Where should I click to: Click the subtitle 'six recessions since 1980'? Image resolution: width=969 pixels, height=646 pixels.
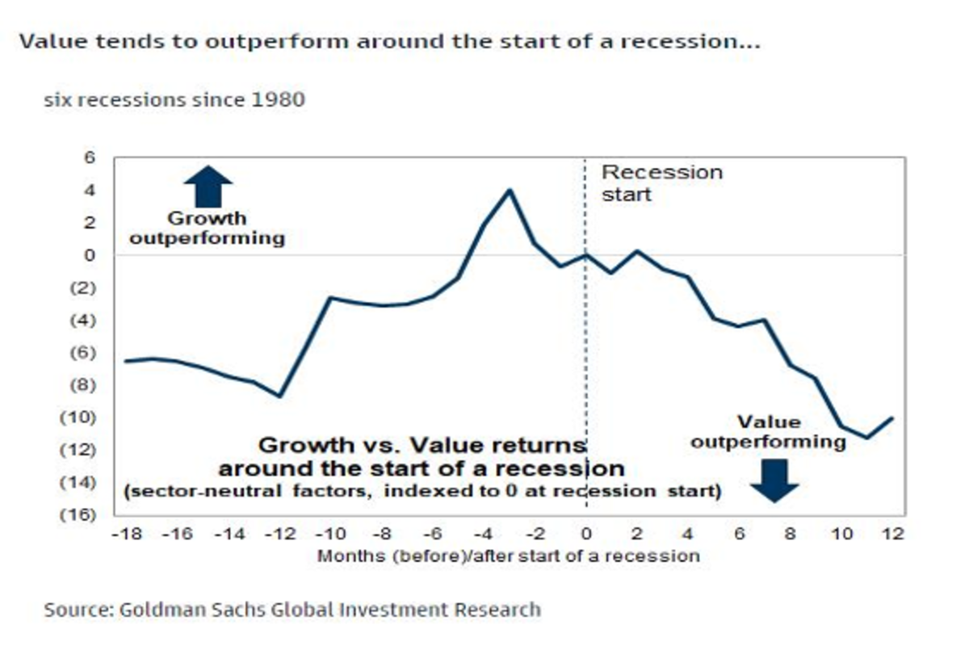coord(174,101)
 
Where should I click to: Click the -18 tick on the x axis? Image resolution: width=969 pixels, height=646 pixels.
coord(124,534)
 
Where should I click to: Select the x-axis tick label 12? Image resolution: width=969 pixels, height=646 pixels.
coord(892,534)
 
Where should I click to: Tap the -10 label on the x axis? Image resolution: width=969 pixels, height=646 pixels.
coord(329,534)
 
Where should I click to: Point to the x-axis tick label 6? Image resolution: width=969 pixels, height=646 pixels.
coord(739,534)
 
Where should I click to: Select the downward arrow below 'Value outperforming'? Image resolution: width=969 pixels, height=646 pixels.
coord(774,480)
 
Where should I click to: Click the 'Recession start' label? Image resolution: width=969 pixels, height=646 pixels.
coord(661,182)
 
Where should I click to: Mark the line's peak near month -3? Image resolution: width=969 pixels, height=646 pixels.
coord(510,190)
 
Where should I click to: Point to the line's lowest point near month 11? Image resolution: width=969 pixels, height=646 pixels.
coord(866,438)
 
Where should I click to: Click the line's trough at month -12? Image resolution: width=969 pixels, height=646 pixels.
coord(279,396)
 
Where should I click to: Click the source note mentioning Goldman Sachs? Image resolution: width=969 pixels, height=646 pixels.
coord(292,608)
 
